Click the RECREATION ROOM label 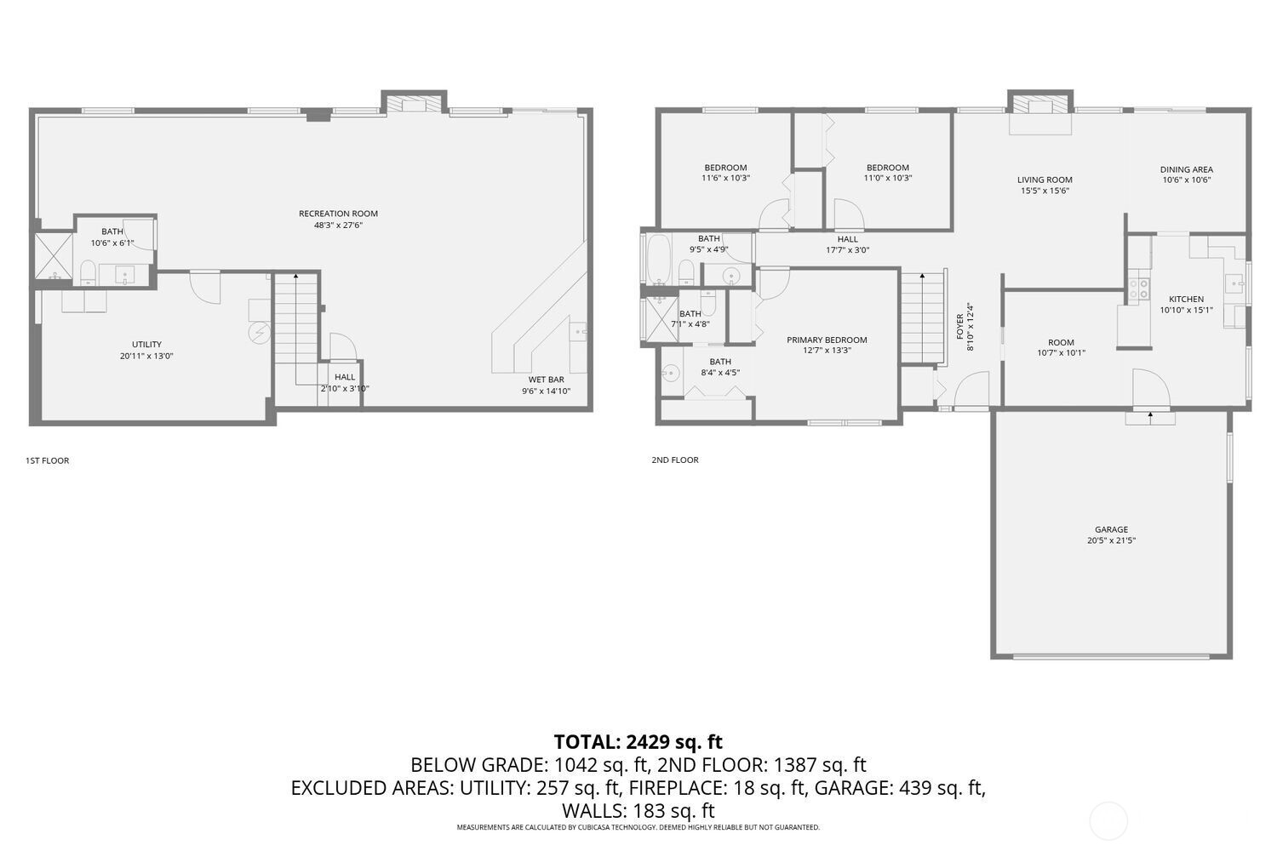pyautogui.click(x=338, y=214)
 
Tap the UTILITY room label pyautogui.click(x=146, y=345)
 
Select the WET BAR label pyautogui.click(x=546, y=380)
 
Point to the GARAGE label pyautogui.click(x=1111, y=529)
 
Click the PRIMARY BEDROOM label pyautogui.click(x=826, y=340)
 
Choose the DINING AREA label pyautogui.click(x=1186, y=169)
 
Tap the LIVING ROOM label pyautogui.click(x=1045, y=180)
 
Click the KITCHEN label pyautogui.click(x=1186, y=299)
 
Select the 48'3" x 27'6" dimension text pyautogui.click(x=338, y=226)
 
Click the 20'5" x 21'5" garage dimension pyautogui.click(x=1111, y=540)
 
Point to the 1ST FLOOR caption pyautogui.click(x=48, y=460)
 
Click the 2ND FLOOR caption pyautogui.click(x=675, y=460)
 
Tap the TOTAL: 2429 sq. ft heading pyautogui.click(x=638, y=741)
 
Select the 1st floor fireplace pyautogui.click(x=414, y=103)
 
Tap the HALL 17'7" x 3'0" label pyautogui.click(x=847, y=245)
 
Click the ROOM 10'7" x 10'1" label pyautogui.click(x=1061, y=347)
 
